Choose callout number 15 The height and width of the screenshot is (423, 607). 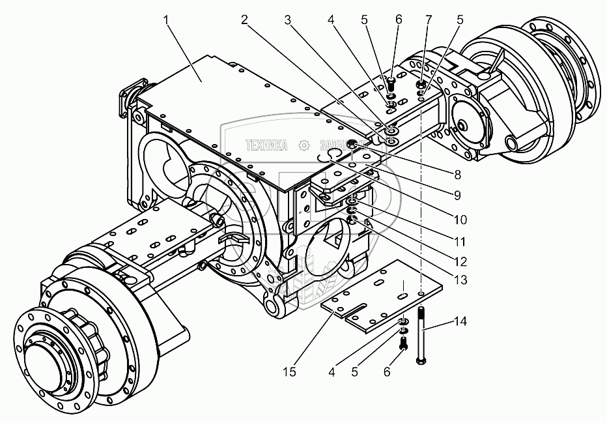(290, 372)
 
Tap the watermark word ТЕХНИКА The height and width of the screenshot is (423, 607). (266, 145)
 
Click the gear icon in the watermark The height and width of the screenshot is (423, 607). (302, 145)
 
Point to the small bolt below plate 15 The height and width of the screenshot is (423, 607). (402, 341)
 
